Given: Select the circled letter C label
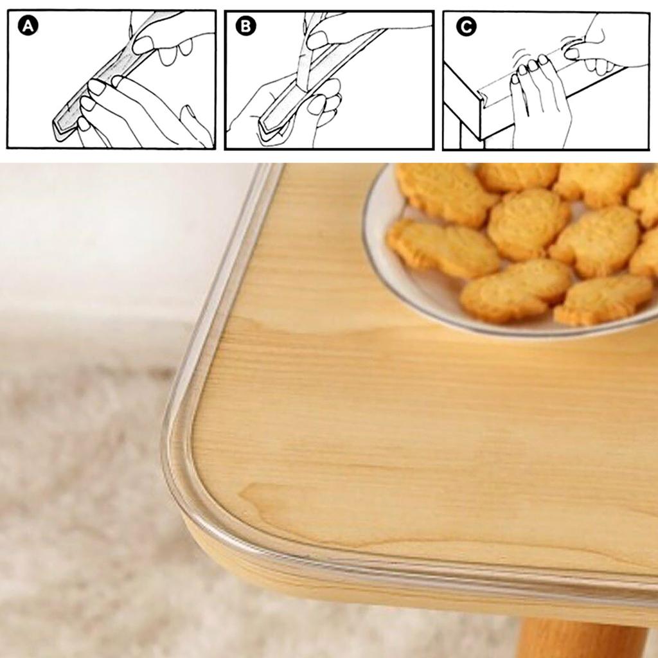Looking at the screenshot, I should click(x=465, y=26).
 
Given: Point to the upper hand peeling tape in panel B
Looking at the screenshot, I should click(x=360, y=29).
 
